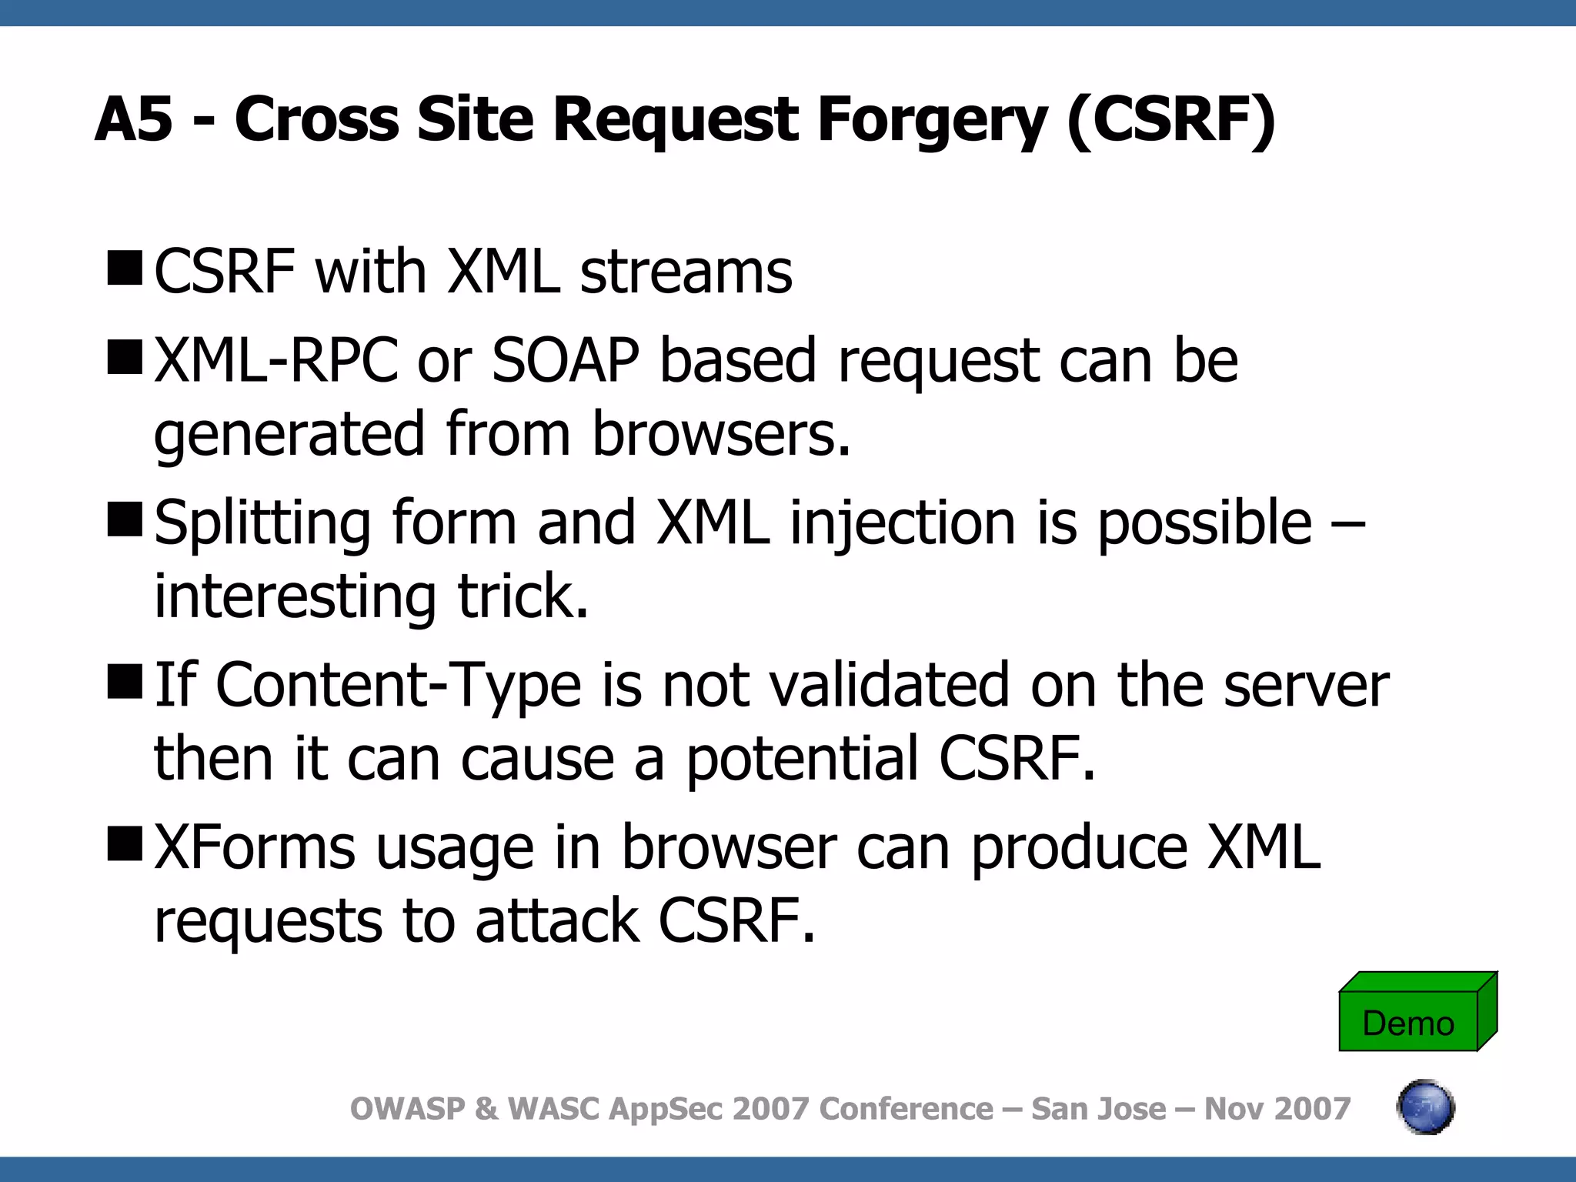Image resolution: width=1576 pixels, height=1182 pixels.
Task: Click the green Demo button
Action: click(x=1408, y=1021)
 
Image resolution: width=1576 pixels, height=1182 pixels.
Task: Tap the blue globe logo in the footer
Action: click(x=1425, y=1107)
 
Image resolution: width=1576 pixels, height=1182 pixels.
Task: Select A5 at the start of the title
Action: click(x=133, y=120)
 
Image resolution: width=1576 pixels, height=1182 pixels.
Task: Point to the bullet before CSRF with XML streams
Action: click(x=125, y=269)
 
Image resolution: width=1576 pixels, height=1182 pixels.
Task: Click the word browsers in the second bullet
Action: click(x=720, y=434)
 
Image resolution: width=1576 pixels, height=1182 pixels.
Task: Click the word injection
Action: click(x=903, y=523)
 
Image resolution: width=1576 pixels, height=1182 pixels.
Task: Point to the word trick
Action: click(x=523, y=596)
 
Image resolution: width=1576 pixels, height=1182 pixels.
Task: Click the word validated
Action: click(x=890, y=685)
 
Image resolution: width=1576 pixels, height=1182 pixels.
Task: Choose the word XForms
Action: click(x=255, y=847)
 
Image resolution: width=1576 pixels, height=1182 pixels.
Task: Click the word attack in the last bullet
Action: click(x=557, y=921)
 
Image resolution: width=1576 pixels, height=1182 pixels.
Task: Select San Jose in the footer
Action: click(x=1098, y=1109)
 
